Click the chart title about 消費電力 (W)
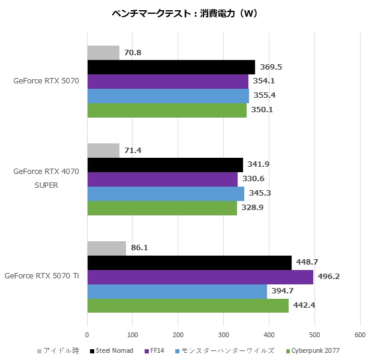point(185,14)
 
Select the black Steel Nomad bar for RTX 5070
point(171,67)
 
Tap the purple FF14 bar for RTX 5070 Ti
point(200,277)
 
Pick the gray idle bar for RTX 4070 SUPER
point(103,150)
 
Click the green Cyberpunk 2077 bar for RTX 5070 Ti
point(188,305)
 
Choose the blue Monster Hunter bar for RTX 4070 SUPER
point(166,193)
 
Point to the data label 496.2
point(330,277)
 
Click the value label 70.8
point(133,53)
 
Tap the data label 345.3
point(260,193)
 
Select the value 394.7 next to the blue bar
point(284,291)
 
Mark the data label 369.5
point(271,67)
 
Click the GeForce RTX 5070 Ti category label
point(41,277)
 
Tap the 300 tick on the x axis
point(223,334)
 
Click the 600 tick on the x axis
point(359,334)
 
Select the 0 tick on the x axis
point(88,334)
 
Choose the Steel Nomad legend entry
point(114,350)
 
